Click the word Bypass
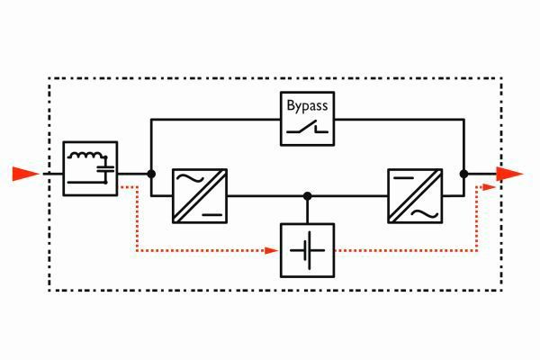click(x=308, y=106)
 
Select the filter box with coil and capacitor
click(x=90, y=168)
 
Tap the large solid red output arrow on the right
click(x=509, y=174)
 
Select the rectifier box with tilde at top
click(x=200, y=195)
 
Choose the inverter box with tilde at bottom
click(x=414, y=195)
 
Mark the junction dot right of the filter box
click(x=151, y=174)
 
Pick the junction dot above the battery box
click(x=307, y=195)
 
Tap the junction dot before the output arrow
click(x=464, y=174)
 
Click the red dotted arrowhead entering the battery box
click(x=274, y=249)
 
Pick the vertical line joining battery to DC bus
click(x=307, y=209)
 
